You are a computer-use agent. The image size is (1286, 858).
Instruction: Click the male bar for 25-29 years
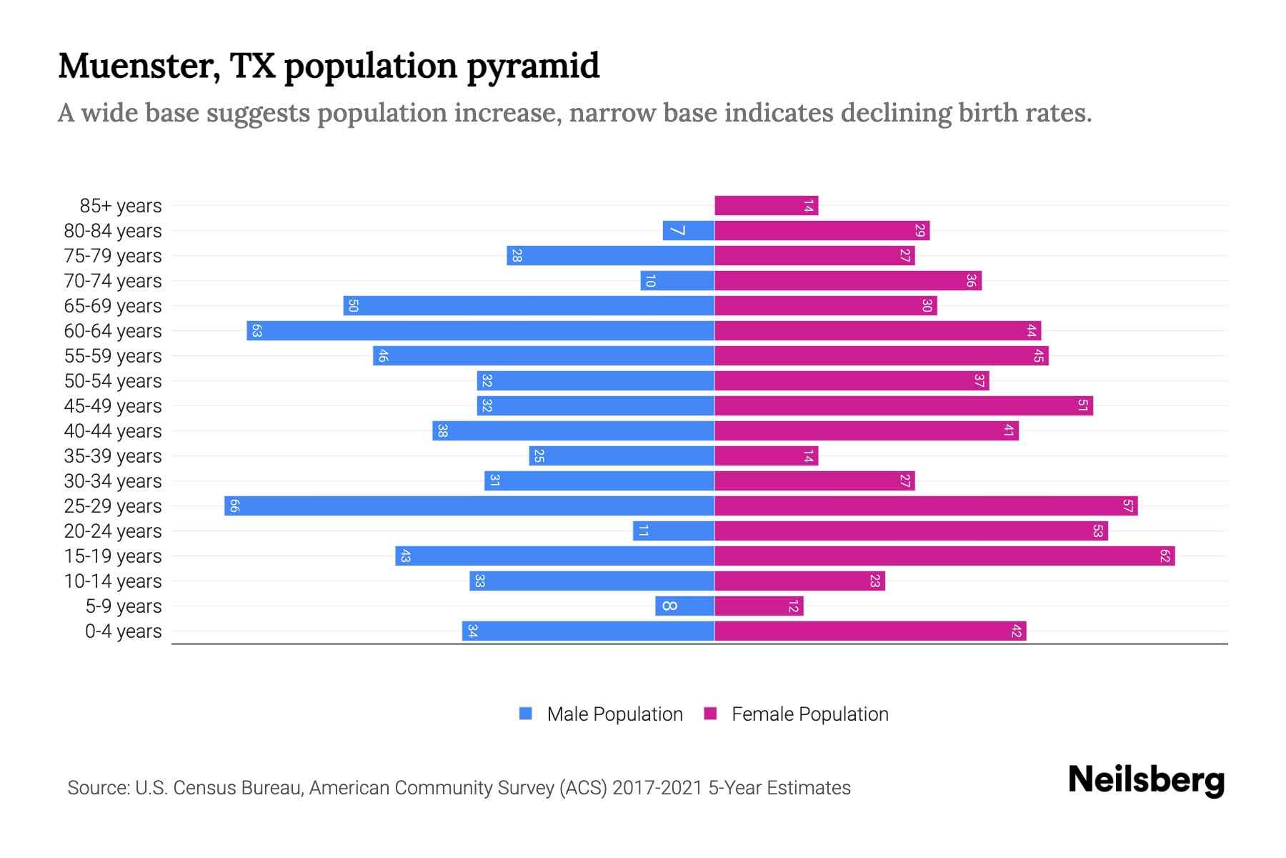tap(469, 506)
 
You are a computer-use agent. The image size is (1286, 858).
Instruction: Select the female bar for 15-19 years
tap(944, 556)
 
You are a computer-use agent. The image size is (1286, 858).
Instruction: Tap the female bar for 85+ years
tap(766, 206)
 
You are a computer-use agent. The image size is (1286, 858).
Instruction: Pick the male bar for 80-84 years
tap(689, 231)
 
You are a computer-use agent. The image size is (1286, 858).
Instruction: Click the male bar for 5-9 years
tap(684, 606)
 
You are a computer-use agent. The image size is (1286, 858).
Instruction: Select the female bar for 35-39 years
tap(766, 456)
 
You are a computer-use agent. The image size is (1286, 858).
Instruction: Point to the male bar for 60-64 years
tap(480, 331)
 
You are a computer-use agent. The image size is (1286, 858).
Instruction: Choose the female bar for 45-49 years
tap(904, 406)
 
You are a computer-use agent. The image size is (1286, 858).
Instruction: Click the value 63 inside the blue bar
tap(257, 331)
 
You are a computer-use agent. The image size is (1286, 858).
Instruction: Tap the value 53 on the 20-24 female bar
tap(1098, 531)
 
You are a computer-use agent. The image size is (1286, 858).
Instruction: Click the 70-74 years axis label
tap(113, 281)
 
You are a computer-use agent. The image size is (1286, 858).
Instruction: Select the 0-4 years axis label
tap(123, 631)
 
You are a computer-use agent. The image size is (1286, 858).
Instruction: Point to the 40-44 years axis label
tap(113, 431)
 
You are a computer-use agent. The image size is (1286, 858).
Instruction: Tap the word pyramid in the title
tap(533, 66)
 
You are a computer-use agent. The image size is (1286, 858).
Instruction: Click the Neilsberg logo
tap(1146, 780)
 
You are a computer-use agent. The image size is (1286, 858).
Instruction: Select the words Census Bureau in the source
tap(237, 788)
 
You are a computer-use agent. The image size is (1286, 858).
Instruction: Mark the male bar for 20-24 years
tap(674, 531)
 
